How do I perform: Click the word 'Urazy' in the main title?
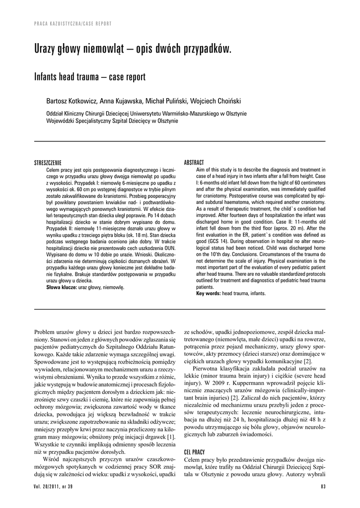click(47, 49)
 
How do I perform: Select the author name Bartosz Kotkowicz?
click(71, 101)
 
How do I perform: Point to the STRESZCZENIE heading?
click(48, 162)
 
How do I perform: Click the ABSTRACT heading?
click(194, 162)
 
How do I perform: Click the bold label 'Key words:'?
click(209, 293)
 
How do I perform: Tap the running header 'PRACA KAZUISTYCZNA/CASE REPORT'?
click(72, 23)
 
